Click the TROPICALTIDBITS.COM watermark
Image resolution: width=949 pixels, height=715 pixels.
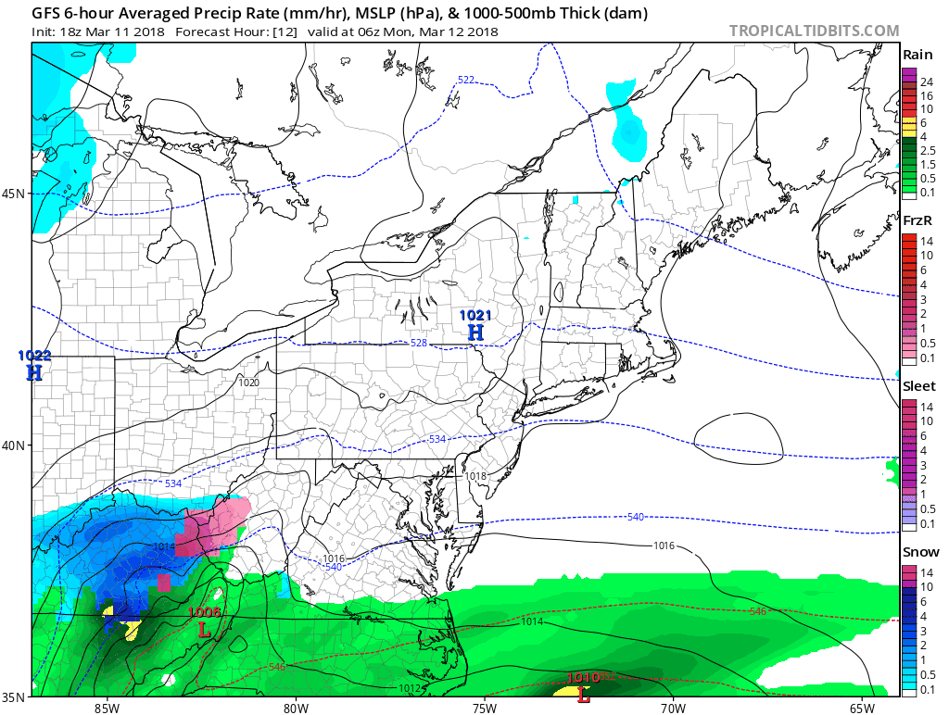815,31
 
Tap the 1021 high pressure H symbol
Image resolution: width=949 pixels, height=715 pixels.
475,332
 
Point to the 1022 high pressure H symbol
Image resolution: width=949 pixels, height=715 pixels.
34,372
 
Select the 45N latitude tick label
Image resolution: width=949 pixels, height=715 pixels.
14,194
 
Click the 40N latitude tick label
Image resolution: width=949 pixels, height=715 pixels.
14,445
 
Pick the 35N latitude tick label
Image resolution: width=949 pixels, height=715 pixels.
14,696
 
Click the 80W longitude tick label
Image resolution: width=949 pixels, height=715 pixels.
296,708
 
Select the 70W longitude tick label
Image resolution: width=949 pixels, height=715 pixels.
673,708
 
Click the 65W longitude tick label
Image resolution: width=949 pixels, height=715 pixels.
862,708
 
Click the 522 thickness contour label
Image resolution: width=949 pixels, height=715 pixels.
466,80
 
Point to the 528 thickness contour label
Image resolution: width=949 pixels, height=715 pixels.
419,344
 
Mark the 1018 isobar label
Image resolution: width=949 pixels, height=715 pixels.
476,476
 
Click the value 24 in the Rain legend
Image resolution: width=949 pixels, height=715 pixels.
926,83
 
